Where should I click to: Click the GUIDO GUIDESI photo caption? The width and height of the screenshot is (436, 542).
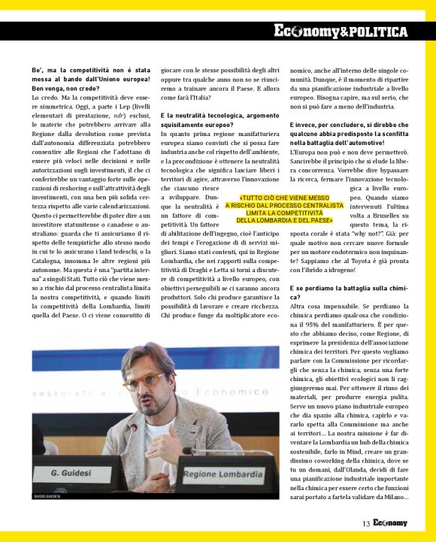[47, 497]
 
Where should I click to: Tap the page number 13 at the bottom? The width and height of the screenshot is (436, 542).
[366, 523]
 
